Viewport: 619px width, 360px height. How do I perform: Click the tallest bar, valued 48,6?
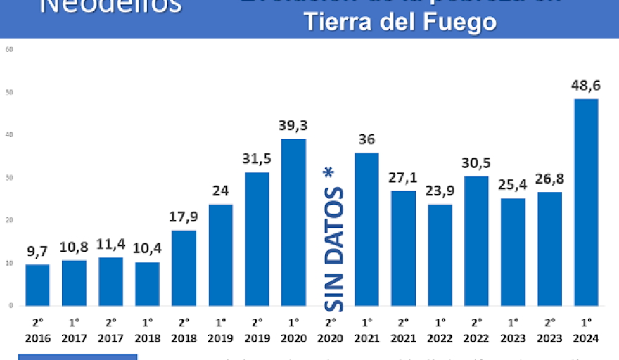click(x=586, y=202)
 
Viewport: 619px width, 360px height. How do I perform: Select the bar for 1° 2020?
click(x=293, y=222)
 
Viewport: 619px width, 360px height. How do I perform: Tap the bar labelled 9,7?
click(x=37, y=285)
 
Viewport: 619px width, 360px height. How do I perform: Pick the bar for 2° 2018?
click(x=184, y=268)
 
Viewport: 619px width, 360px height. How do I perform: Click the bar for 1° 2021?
click(x=366, y=229)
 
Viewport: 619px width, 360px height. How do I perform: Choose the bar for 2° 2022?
click(x=476, y=241)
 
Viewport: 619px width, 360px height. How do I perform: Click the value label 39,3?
click(x=293, y=126)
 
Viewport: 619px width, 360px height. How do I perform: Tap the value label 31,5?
click(x=257, y=159)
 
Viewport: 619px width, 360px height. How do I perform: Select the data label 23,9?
click(x=440, y=191)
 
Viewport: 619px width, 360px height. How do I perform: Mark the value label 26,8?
click(x=549, y=179)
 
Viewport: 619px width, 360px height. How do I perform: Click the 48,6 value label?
click(x=586, y=86)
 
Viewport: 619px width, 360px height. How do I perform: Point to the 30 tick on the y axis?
click(x=10, y=178)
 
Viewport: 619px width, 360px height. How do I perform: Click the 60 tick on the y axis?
click(x=8, y=50)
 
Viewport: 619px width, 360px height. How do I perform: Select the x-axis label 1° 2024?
click(x=586, y=330)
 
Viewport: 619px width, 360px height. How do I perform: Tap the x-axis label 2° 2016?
click(x=37, y=330)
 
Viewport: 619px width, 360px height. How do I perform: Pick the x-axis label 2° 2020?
click(x=330, y=330)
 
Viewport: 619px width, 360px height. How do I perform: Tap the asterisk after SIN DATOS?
click(x=328, y=172)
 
